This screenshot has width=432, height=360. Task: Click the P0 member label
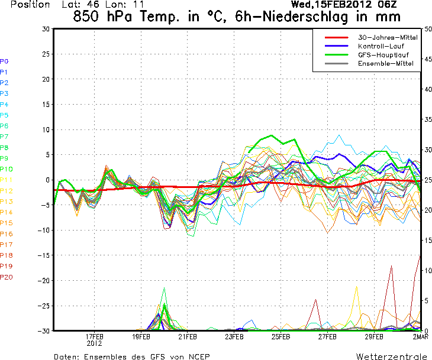click(4, 61)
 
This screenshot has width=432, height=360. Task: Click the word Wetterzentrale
click(392, 356)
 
